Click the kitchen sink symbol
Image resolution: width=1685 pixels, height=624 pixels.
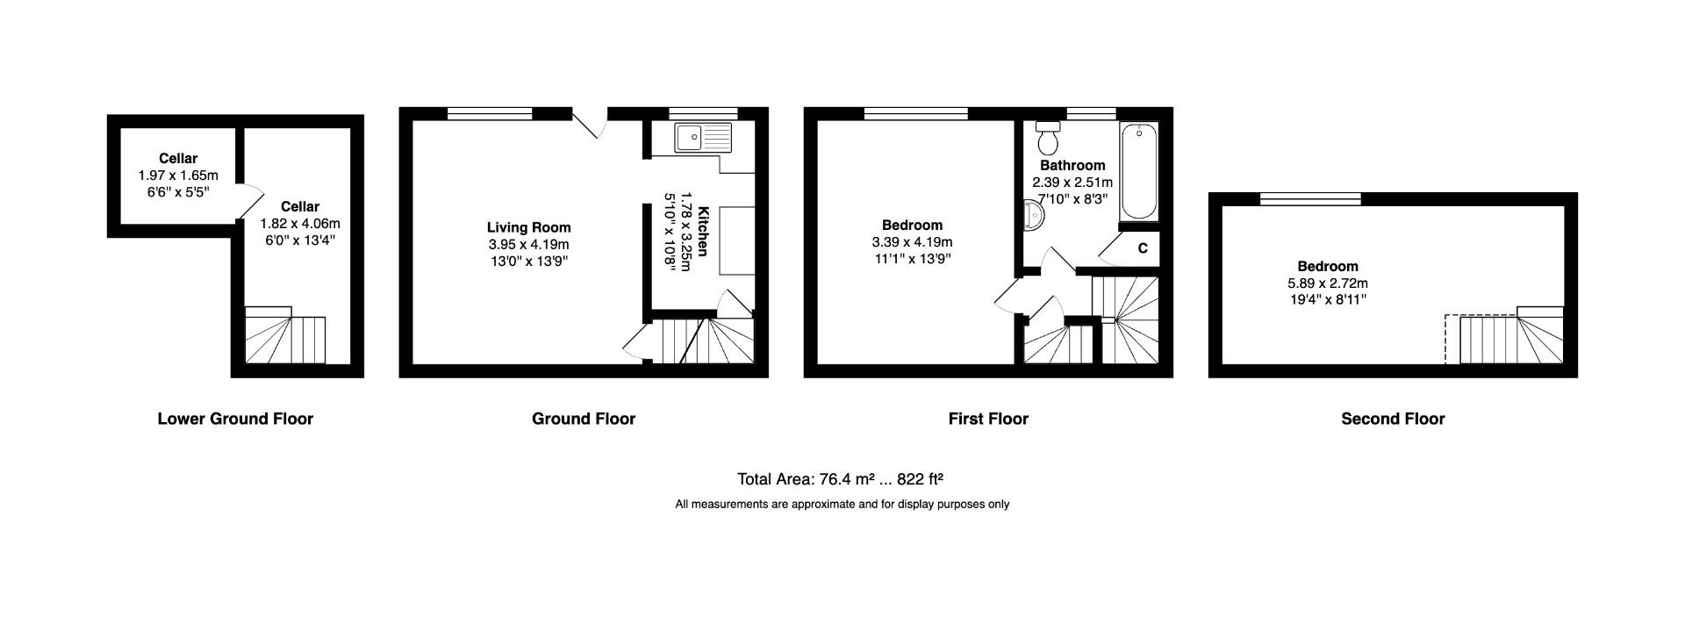pyautogui.click(x=703, y=138)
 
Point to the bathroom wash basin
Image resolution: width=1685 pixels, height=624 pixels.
pyautogui.click(x=1033, y=214)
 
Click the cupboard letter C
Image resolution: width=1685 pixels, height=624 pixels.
pyautogui.click(x=1143, y=248)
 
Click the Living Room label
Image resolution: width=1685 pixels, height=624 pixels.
pyautogui.click(x=528, y=227)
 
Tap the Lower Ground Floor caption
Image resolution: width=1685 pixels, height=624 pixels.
pyautogui.click(x=235, y=419)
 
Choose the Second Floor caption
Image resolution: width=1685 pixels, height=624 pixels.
pyautogui.click(x=1393, y=419)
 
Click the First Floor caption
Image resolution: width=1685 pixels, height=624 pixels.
pyautogui.click(x=988, y=419)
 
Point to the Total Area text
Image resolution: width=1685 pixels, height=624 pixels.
pyautogui.click(x=840, y=479)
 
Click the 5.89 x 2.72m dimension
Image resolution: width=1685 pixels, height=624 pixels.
pyautogui.click(x=1327, y=283)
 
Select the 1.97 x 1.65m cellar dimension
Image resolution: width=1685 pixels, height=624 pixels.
pyautogui.click(x=178, y=176)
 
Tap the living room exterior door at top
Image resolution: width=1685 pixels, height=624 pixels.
pyautogui.click(x=590, y=124)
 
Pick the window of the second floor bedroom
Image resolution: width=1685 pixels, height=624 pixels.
pyautogui.click(x=1310, y=199)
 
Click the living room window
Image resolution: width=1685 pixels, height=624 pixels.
pyautogui.click(x=489, y=113)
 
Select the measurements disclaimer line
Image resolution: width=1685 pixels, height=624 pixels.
pyautogui.click(x=842, y=504)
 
